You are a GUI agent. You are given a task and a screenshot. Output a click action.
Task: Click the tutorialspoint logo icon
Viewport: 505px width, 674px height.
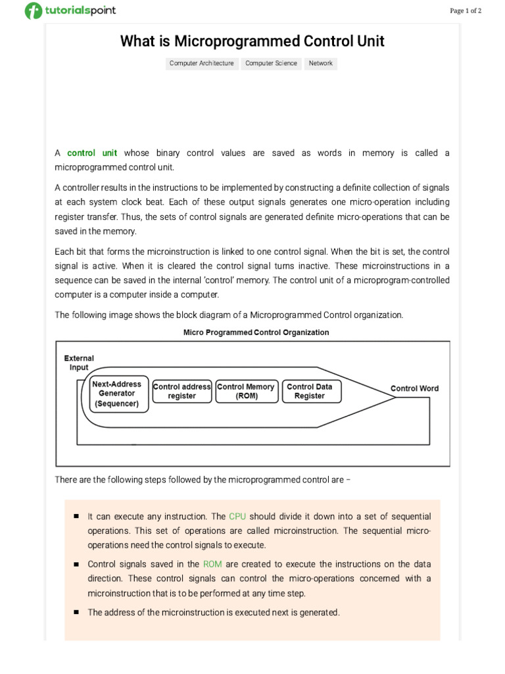tap(33, 11)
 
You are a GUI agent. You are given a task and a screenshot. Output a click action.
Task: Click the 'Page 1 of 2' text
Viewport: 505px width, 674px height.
tap(466, 11)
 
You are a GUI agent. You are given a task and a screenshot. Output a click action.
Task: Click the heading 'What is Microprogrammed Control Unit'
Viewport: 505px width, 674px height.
tap(252, 41)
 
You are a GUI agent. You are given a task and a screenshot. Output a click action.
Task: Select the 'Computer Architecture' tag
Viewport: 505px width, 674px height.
tap(201, 63)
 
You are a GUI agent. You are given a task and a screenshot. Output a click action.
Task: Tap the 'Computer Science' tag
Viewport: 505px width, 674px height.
tap(271, 63)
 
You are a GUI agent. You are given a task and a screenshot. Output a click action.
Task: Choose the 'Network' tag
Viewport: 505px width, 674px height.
tap(320, 63)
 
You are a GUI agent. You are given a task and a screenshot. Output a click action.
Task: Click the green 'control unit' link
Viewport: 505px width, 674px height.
tap(92, 153)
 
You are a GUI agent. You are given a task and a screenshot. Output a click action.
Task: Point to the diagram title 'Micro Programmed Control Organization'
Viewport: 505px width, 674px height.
tap(256, 332)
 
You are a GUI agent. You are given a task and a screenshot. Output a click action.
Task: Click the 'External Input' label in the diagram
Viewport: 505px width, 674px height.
tap(79, 363)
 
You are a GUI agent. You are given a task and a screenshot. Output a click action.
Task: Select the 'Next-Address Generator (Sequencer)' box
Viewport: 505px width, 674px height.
tap(116, 394)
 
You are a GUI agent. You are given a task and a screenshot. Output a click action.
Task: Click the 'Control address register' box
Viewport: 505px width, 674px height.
tap(181, 391)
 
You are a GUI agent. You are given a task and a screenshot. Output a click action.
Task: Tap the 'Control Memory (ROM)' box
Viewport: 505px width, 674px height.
tap(246, 391)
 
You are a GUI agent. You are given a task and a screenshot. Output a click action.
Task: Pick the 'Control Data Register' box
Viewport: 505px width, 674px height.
tap(309, 391)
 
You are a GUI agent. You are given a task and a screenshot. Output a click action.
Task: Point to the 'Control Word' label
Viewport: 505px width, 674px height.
tap(414, 388)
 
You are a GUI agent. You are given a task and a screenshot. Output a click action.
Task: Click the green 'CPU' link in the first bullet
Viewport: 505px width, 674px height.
tap(237, 517)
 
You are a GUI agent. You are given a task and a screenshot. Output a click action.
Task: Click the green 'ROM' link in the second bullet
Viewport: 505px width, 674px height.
tap(212, 564)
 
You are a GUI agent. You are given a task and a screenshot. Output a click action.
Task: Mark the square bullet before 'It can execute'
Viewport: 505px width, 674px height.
tap(76, 517)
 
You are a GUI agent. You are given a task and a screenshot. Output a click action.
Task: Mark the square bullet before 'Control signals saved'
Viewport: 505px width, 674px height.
tap(76, 564)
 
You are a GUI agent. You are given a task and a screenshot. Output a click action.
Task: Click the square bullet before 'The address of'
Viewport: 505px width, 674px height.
tap(76, 612)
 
